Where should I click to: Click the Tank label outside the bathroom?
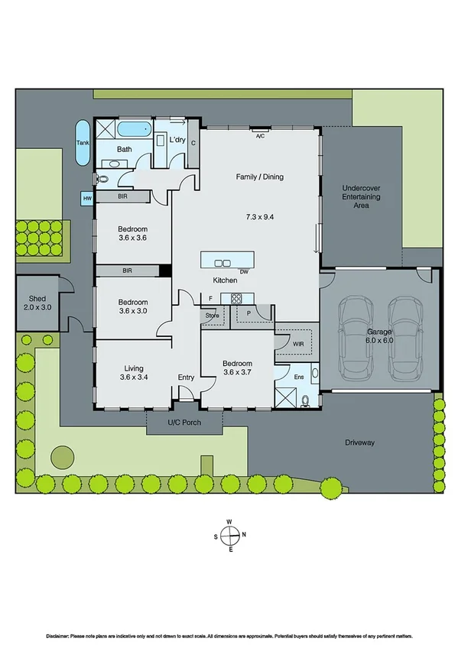[x=82, y=142]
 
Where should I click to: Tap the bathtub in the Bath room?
[x=135, y=127]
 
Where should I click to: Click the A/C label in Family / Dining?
[x=260, y=136]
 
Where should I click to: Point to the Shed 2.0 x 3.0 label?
[x=37, y=303]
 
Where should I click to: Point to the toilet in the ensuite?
[x=305, y=400]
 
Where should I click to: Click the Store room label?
[x=212, y=315]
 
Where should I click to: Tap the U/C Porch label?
[x=184, y=423]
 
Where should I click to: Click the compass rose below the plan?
[x=229, y=536]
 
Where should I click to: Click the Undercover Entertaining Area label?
[x=362, y=196]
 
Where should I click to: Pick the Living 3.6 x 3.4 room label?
[x=133, y=372]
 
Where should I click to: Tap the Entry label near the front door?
[x=186, y=377]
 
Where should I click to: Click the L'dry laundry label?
[x=177, y=140]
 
